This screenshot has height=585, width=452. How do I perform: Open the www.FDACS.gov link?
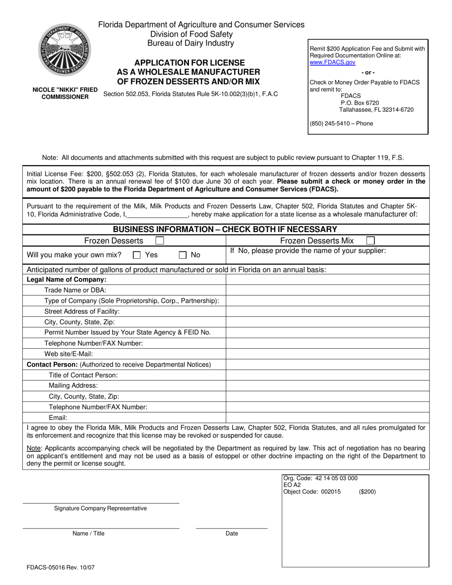click(x=332, y=62)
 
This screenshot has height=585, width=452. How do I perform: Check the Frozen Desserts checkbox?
click(x=160, y=241)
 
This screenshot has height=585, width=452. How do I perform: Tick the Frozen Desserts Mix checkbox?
click(x=371, y=241)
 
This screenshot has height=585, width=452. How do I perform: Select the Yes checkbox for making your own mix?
click(x=137, y=255)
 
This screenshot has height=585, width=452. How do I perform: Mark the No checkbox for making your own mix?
click(x=183, y=255)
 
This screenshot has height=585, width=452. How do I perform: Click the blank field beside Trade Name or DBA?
click(x=327, y=290)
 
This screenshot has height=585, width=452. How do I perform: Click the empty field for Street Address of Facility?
click(x=327, y=311)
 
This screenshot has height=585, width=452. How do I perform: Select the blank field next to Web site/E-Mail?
click(x=327, y=354)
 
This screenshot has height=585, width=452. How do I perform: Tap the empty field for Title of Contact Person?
click(x=327, y=375)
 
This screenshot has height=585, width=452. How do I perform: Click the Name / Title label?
click(x=88, y=534)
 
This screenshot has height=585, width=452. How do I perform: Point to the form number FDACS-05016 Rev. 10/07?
click(x=60, y=567)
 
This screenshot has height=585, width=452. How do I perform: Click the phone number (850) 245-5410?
click(x=341, y=124)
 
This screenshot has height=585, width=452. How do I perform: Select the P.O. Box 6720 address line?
click(x=360, y=103)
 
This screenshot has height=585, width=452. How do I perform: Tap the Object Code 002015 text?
click(x=312, y=492)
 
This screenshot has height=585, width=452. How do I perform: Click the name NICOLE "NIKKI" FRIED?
click(x=65, y=90)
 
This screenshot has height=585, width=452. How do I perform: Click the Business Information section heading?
click(x=225, y=229)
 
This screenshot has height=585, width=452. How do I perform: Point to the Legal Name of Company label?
click(x=67, y=279)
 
